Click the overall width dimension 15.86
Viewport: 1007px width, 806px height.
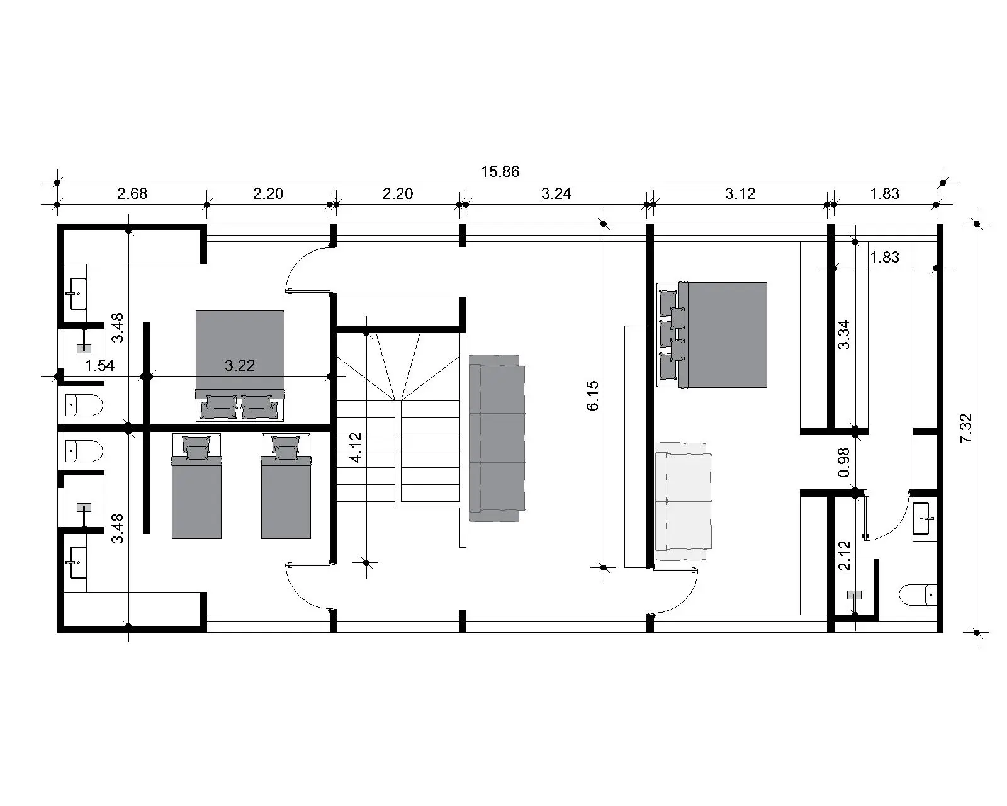click(x=500, y=171)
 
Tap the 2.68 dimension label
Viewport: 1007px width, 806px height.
click(x=132, y=193)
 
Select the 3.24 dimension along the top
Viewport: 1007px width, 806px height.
click(x=556, y=193)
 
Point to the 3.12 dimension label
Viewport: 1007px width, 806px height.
click(x=740, y=193)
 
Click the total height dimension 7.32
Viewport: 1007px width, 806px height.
click(x=966, y=428)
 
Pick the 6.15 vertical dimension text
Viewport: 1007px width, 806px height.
click(x=592, y=395)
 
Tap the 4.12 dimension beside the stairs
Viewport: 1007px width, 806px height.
click(x=356, y=448)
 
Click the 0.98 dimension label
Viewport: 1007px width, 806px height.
click(x=844, y=462)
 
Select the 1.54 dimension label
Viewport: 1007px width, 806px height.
click(x=99, y=365)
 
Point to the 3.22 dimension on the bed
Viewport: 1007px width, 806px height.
click(x=240, y=365)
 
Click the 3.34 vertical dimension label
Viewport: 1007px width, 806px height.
click(x=844, y=334)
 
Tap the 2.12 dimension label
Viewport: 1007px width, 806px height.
click(x=844, y=555)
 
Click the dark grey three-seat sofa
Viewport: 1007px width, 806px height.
click(x=497, y=438)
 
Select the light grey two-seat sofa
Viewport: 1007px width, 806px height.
click(x=684, y=502)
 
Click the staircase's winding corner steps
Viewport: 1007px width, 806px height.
click(x=398, y=366)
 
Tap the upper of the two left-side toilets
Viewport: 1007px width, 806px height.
click(x=84, y=405)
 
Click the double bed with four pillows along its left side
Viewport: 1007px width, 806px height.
click(x=712, y=335)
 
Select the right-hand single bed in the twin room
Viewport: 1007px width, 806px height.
click(x=286, y=486)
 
